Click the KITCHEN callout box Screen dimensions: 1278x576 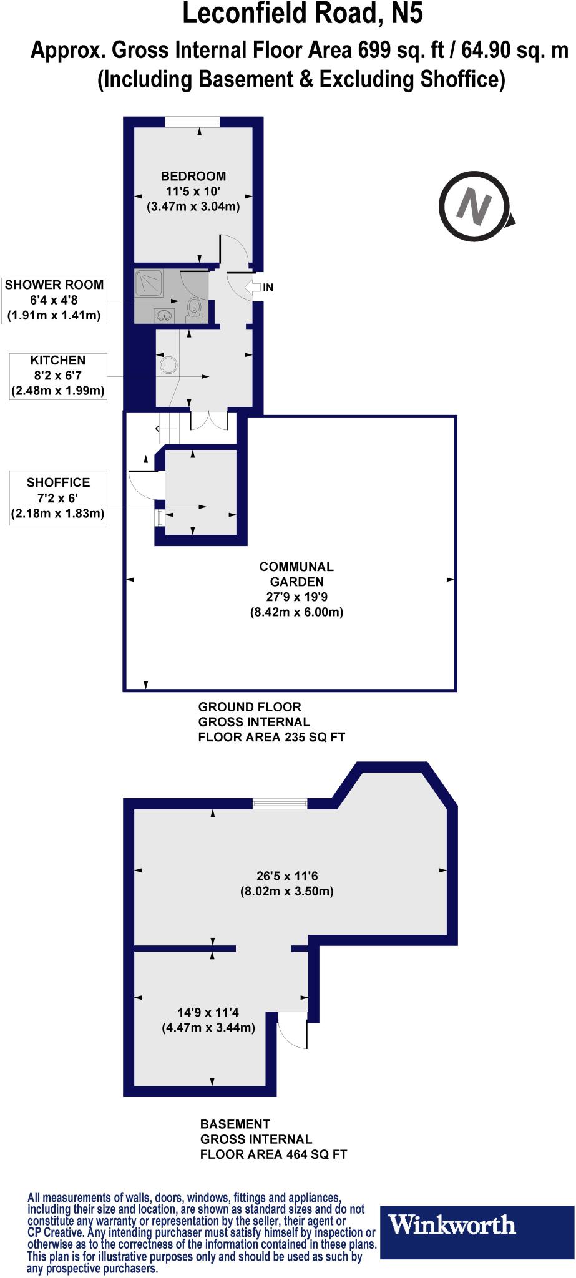click(57, 376)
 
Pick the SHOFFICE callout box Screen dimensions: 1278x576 click(57, 498)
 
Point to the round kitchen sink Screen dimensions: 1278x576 click(168, 364)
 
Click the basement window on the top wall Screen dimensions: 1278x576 click(280, 804)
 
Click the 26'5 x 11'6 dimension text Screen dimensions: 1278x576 click(287, 884)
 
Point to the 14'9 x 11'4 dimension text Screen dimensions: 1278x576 click(208, 1020)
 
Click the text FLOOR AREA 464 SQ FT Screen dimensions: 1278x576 click(273, 1154)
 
